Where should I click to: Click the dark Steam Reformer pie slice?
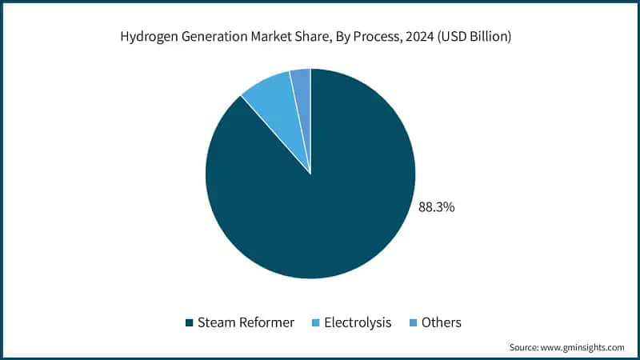[x=320, y=208]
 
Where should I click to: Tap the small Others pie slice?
[x=302, y=84]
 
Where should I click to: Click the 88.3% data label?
[x=436, y=207]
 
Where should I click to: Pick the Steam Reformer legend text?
[x=246, y=322]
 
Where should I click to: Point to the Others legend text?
[x=442, y=322]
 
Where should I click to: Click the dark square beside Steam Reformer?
[x=190, y=323]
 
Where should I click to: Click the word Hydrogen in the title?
[x=147, y=36]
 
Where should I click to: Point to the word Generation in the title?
[x=210, y=36]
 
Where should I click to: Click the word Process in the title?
[x=375, y=36]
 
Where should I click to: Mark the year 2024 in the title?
[x=421, y=36]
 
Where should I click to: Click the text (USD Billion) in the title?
[x=478, y=36]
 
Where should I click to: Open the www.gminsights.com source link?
[x=583, y=347]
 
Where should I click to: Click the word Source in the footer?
[x=524, y=347]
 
